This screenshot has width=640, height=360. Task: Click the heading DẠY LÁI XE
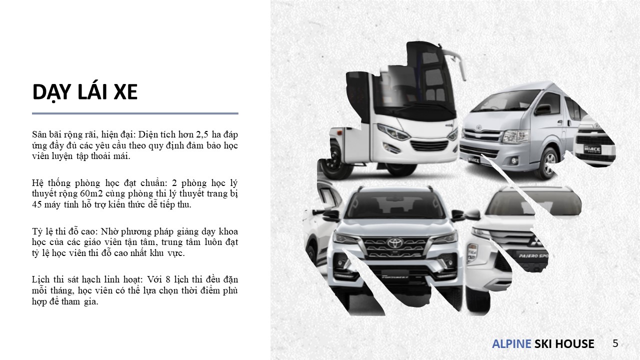pos(85,92)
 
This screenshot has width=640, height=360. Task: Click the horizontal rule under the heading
pos(135,113)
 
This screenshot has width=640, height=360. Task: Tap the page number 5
pos(615,343)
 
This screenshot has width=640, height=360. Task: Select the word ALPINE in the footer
pos(511,343)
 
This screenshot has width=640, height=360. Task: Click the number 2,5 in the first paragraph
pos(202,134)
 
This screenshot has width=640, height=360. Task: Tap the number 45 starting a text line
pos(37,204)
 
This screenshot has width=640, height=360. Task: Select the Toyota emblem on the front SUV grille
pos(395,243)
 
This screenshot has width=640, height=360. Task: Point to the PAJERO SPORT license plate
pos(533,255)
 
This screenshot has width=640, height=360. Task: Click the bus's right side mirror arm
pos(455,63)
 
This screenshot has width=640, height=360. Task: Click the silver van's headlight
pos(515,136)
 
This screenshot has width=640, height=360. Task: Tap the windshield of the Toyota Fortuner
pos(395,204)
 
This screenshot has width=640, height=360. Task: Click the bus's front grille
pos(429,145)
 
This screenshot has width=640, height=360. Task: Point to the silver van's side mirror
pos(542,109)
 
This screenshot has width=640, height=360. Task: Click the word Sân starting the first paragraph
pos(39,134)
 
